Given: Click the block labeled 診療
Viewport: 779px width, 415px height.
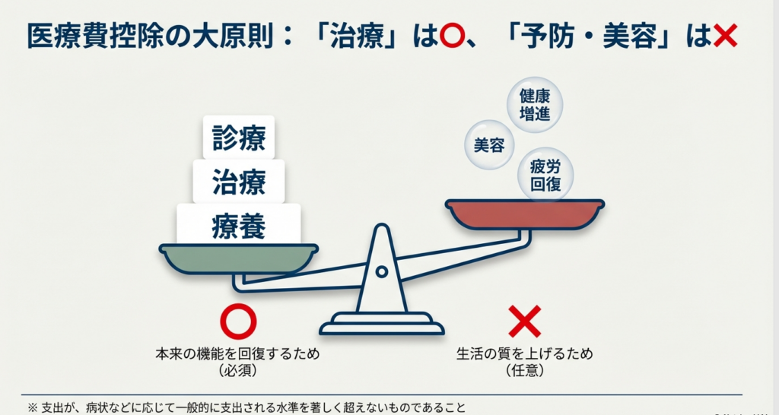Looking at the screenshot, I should click(x=239, y=138).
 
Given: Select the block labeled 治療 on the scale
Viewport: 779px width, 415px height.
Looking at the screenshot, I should click(x=239, y=181).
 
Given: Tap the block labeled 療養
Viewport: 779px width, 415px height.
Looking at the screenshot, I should click(x=239, y=225).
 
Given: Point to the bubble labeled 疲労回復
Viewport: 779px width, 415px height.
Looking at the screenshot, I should click(x=545, y=173).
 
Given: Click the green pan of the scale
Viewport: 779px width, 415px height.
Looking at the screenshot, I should click(x=238, y=258).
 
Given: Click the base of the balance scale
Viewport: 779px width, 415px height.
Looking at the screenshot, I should click(x=381, y=328).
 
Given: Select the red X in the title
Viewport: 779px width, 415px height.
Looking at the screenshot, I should click(x=725, y=35).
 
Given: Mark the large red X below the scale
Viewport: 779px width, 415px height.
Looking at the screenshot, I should click(x=524, y=322).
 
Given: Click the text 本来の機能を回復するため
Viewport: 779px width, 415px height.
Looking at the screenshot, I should click(x=238, y=354).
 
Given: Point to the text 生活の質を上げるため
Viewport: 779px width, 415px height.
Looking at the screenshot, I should click(x=524, y=354).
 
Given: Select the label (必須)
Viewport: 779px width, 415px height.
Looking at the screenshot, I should click(x=238, y=371).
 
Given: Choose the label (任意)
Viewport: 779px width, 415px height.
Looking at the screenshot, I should click(x=524, y=371).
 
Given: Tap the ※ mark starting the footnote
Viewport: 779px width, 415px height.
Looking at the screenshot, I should click(x=32, y=407).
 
